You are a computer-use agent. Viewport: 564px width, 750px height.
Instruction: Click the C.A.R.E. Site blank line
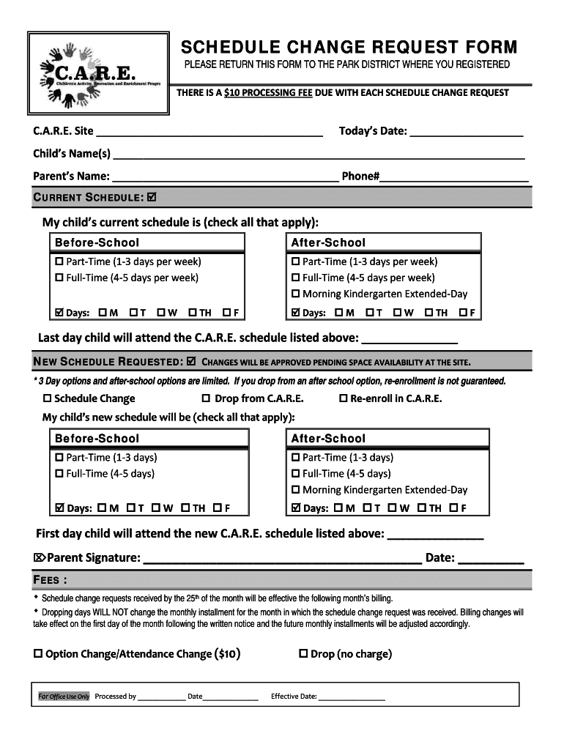[209, 132]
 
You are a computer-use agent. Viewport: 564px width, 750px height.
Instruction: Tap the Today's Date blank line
[467, 132]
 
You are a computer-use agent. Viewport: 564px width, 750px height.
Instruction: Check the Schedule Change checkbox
[48, 399]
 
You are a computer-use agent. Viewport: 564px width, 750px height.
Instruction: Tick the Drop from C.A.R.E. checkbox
[207, 399]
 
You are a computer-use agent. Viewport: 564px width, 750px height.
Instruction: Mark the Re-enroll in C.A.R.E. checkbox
[343, 399]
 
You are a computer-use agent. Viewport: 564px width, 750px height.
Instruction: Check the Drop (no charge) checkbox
[303, 653]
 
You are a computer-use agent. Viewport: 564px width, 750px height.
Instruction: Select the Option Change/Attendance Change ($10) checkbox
[38, 653]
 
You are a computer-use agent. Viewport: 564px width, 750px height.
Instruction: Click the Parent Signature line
[282, 560]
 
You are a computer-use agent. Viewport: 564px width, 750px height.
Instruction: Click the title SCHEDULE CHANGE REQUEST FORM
[349, 48]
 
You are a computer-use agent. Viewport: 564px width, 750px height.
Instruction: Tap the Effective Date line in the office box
[352, 697]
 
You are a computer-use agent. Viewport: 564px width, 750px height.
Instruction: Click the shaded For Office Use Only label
[64, 697]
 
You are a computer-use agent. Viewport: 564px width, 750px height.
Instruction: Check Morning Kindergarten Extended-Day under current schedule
[296, 294]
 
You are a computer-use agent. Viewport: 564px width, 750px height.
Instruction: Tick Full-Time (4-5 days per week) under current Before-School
[59, 278]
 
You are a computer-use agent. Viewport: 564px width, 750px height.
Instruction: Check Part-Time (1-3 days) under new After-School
[296, 458]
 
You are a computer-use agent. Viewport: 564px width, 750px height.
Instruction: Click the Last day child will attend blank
[410, 339]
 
